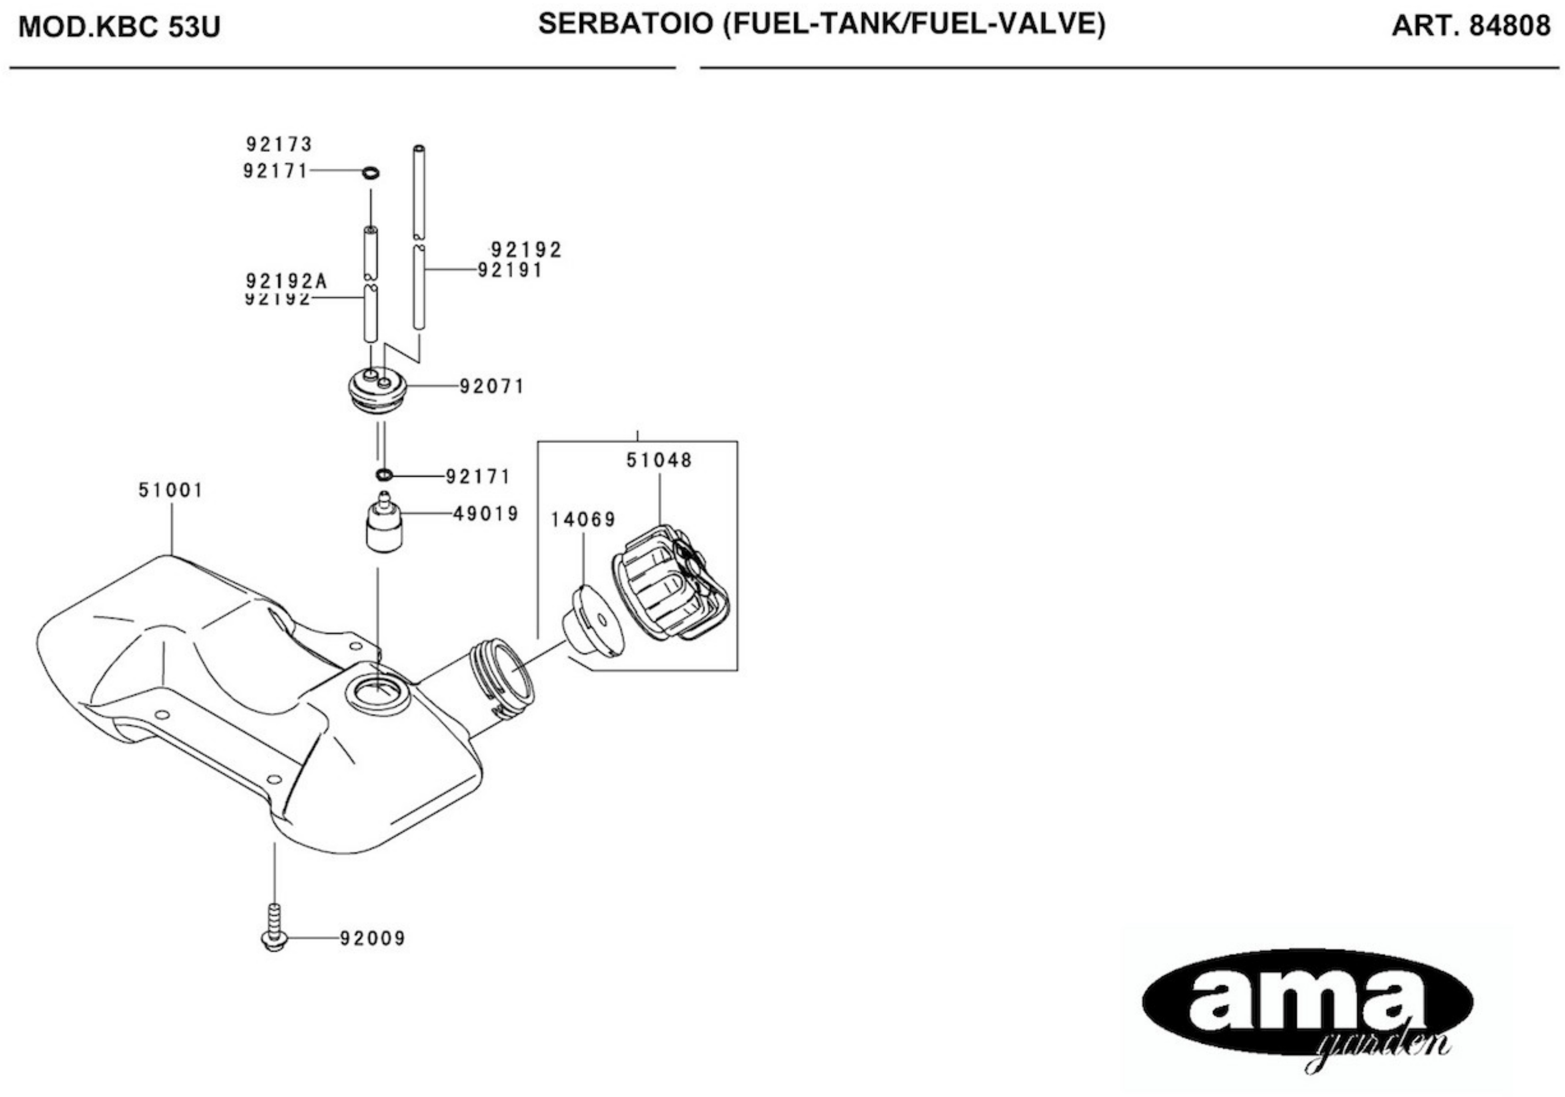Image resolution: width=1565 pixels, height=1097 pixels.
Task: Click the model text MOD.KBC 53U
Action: (119, 27)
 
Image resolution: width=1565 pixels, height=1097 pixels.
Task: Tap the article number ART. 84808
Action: (1470, 26)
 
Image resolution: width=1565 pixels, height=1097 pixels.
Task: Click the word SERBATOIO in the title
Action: (626, 24)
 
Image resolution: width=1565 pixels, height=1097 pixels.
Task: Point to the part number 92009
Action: (373, 939)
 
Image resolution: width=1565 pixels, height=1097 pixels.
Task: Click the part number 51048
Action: (659, 461)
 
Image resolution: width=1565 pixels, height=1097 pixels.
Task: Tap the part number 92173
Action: (279, 144)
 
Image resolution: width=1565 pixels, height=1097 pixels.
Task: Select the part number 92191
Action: (510, 271)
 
